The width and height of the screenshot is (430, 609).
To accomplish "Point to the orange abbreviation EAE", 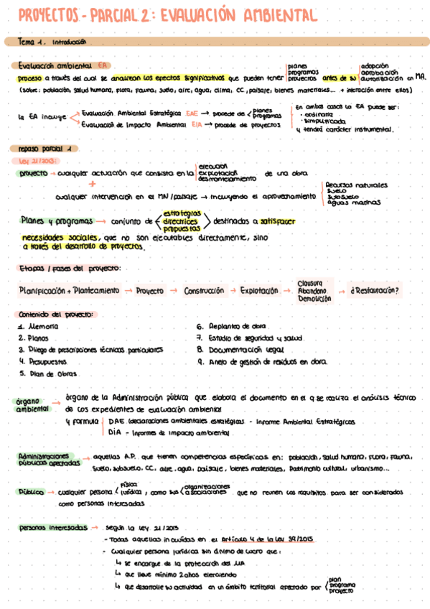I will point(192,113).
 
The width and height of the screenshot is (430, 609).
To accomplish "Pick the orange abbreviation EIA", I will point(197,124).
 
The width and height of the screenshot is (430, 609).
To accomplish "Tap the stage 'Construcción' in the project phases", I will point(203,291).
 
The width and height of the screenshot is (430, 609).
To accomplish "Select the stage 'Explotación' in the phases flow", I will point(259,291).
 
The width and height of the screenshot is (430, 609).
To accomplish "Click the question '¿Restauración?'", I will point(375,291).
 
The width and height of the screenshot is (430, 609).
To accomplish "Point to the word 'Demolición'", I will point(312,298).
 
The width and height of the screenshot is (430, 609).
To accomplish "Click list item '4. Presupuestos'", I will point(43,362).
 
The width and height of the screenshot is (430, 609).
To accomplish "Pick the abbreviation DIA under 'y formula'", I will point(114,433).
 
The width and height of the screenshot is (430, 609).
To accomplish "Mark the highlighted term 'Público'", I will point(32,493).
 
